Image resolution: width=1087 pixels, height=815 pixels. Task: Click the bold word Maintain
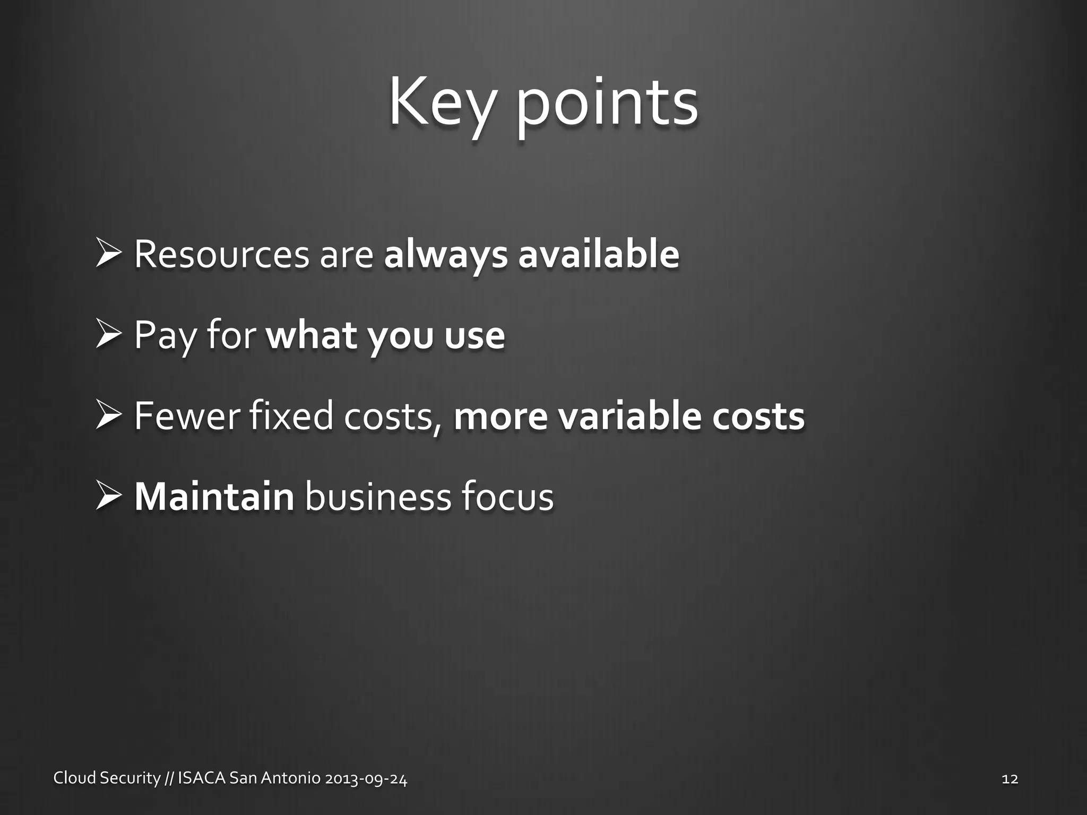point(214,497)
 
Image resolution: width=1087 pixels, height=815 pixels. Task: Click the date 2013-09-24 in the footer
point(366,778)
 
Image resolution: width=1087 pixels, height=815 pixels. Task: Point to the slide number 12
point(1010,779)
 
